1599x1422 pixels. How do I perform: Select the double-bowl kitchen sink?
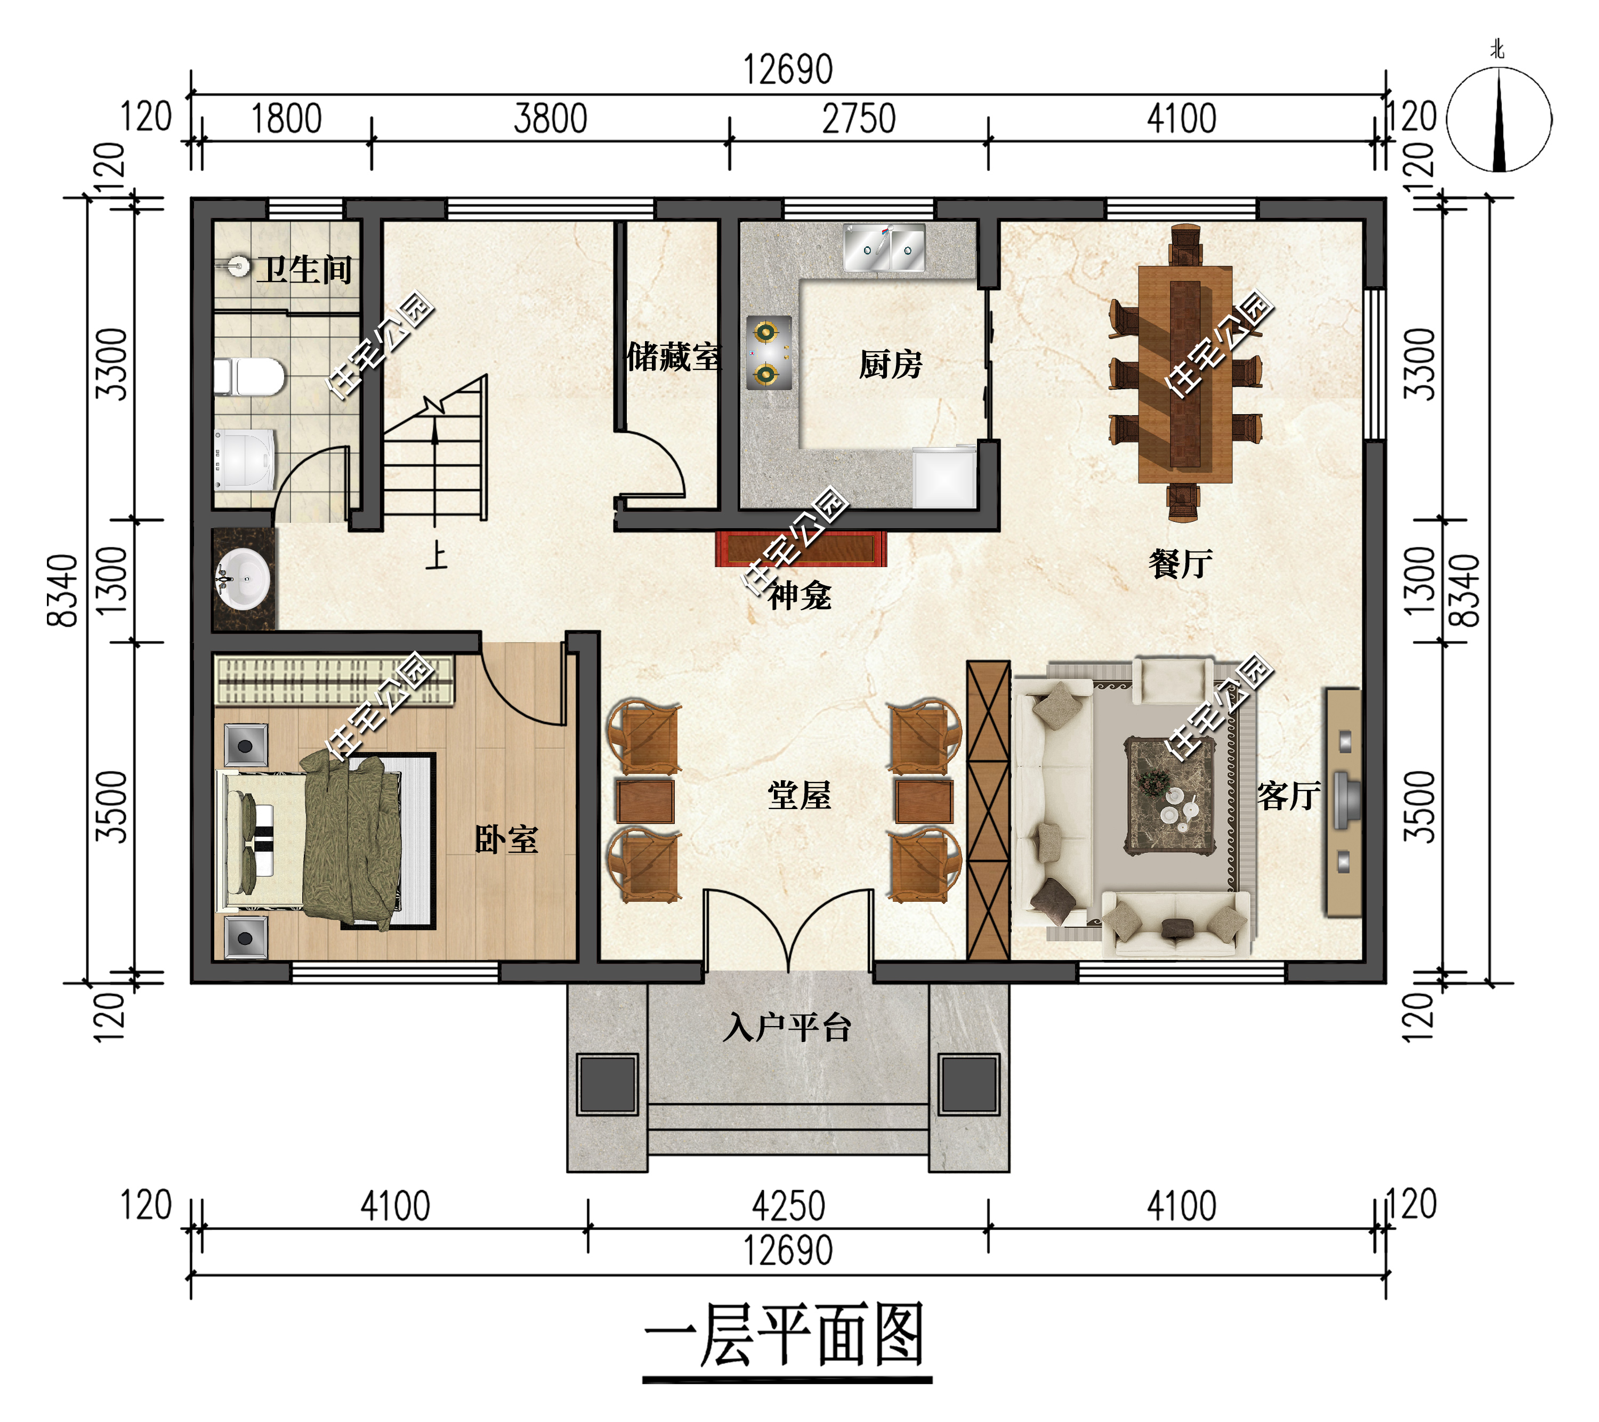tap(884, 249)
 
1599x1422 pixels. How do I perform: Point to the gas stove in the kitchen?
tap(768, 353)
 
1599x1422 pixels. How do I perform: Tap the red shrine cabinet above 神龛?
tap(801, 548)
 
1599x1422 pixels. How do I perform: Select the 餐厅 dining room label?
tap(1181, 563)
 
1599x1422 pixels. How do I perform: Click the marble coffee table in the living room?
tap(1170, 795)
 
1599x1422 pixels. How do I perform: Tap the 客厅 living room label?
tap(1288, 796)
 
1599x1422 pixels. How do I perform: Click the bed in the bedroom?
tap(313, 842)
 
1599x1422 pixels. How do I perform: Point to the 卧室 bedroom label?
tap(506, 839)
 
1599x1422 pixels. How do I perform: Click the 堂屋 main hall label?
tap(799, 795)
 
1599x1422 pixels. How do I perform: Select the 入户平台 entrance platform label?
tap(787, 1028)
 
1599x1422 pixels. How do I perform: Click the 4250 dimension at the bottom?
tap(788, 1206)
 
